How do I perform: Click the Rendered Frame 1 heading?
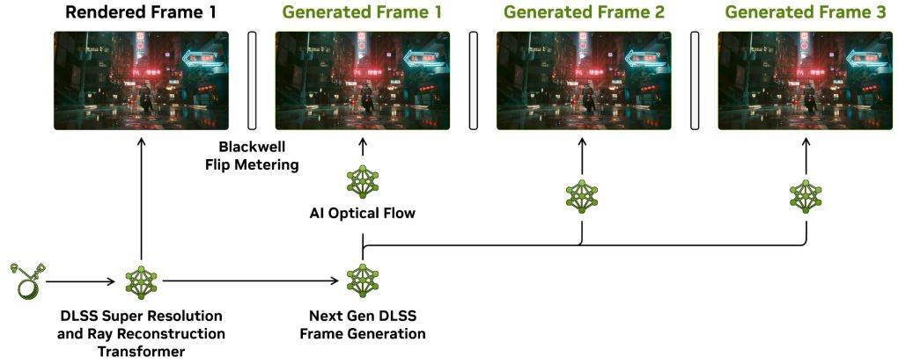[141, 12]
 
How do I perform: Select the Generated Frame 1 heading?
[362, 12]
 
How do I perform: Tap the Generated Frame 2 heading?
[584, 12]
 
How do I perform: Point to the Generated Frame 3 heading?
[806, 12]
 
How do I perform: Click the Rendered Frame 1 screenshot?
[141, 81]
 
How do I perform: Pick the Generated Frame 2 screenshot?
[584, 81]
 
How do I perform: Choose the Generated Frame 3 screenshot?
[806, 81]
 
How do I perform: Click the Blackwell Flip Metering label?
[252, 157]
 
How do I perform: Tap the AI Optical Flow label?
[362, 214]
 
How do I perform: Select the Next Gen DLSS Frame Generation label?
[363, 324]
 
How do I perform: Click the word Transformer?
[141, 350]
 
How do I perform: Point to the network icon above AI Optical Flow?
[363, 182]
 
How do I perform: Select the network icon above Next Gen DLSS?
[363, 280]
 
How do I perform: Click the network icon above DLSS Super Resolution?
[142, 281]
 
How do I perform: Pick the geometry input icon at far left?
[27, 280]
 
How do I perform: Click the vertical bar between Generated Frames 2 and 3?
[695, 81]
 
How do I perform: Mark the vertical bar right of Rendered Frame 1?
[252, 81]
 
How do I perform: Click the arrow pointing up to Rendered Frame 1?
[142, 200]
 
